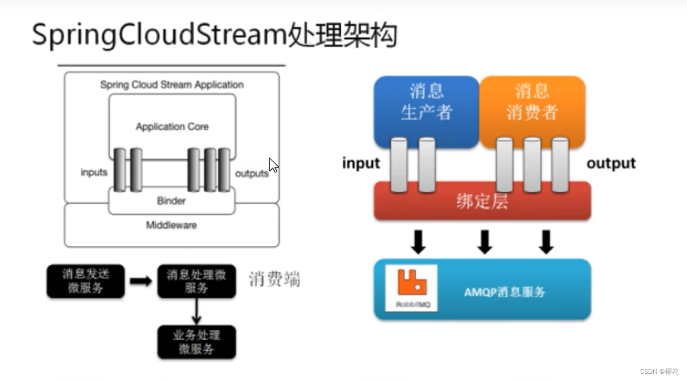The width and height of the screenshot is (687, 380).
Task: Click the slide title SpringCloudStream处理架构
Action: pos(214,35)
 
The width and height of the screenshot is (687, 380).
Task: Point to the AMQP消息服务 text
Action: pos(505,292)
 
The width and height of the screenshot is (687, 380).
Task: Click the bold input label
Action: pos(361,164)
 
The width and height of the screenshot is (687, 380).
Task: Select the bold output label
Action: pos(611,164)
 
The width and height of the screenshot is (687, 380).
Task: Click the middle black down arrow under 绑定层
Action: pos(485,241)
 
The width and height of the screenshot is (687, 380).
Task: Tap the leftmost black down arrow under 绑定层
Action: pos(418,241)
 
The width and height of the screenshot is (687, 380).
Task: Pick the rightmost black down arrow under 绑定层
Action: pos(546,241)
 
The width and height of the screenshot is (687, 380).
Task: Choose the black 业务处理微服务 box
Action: pos(196,342)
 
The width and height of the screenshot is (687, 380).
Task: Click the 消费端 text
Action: pos(275,279)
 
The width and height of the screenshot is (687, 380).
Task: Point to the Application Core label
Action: pos(172,127)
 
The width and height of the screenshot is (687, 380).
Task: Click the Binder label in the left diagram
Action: pos(171,201)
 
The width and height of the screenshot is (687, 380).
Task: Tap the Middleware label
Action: pos(171,225)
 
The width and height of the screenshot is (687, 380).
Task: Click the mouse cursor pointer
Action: pos(274,165)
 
